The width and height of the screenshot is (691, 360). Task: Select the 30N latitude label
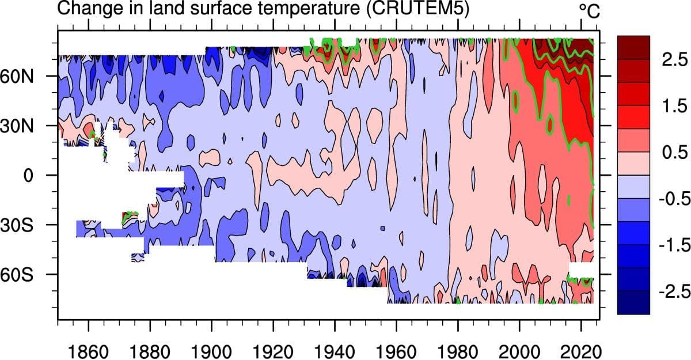[20, 126]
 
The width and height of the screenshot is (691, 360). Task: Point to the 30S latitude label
[20, 225]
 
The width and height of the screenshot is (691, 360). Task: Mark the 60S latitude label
[20, 274]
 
